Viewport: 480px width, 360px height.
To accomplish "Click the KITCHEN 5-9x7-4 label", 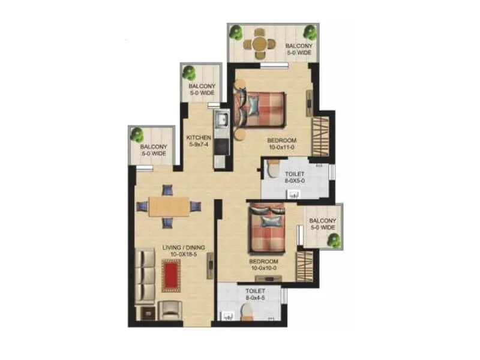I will click(198, 140).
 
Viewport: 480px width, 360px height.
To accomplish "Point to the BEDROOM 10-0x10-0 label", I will click(265, 265).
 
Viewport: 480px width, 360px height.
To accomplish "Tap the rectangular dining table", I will click(169, 206).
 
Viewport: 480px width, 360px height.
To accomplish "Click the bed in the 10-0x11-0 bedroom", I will click(261, 108).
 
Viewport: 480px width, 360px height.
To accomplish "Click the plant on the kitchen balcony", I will click(190, 73).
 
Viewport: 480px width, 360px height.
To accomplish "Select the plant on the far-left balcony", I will click(137, 134).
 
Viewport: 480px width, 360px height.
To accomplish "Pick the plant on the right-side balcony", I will click(334, 240).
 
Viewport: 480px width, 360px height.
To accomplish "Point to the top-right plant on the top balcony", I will click(310, 32).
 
